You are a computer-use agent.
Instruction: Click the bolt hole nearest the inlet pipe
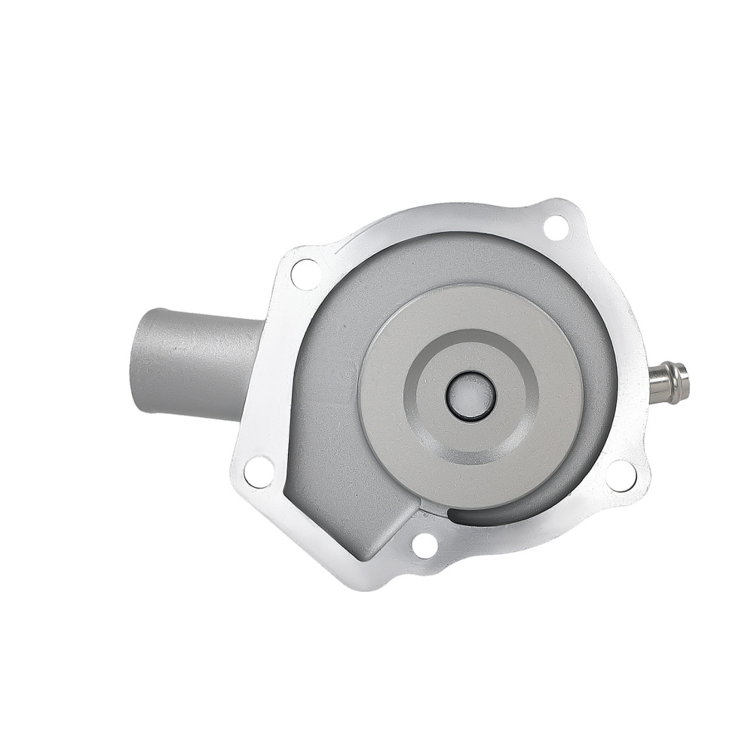[305, 274]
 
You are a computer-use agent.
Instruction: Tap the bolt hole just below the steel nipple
[621, 474]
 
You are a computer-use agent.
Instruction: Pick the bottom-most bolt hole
[425, 545]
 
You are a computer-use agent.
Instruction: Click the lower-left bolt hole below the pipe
[259, 471]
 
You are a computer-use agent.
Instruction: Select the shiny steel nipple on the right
[667, 383]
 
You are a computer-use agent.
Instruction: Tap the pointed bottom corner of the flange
[369, 585]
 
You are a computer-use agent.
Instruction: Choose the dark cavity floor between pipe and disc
[324, 392]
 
